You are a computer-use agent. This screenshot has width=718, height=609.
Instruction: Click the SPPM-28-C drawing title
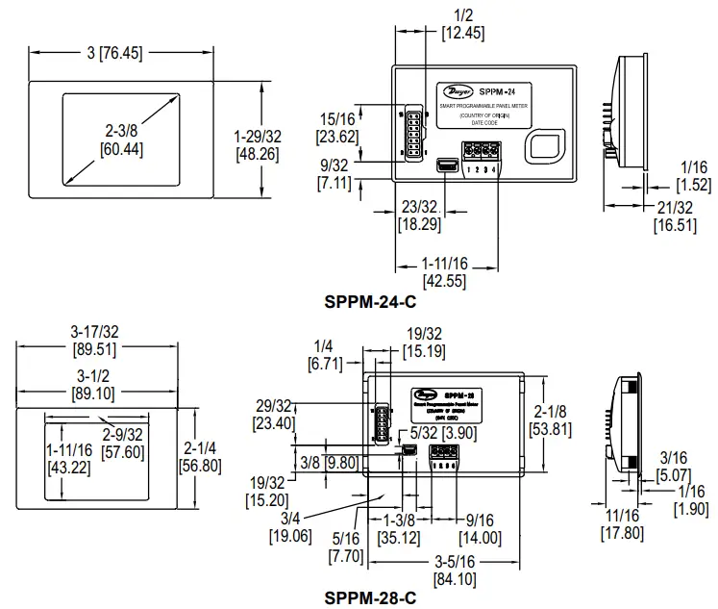(370, 597)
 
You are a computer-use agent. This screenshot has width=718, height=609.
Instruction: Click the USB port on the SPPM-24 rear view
(447, 166)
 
